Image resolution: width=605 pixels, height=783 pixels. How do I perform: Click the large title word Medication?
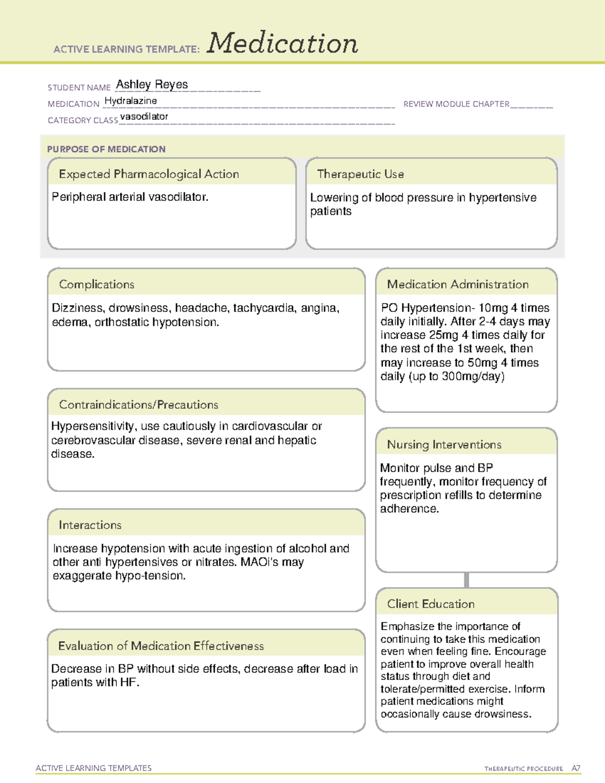click(282, 43)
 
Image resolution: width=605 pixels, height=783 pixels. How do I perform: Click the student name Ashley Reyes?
click(152, 85)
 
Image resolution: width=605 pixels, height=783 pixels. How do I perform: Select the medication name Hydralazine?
click(131, 101)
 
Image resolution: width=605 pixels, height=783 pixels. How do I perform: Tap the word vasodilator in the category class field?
click(144, 116)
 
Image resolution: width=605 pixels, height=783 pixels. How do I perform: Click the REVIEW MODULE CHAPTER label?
click(456, 104)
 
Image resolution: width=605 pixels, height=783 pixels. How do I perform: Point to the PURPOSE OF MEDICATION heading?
click(106, 149)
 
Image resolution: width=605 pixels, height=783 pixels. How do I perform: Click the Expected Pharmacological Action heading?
click(149, 174)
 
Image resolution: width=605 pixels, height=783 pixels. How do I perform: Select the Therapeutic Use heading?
click(360, 174)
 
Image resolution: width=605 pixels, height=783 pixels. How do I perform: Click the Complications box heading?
click(96, 284)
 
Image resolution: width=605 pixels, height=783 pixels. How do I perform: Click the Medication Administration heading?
click(457, 284)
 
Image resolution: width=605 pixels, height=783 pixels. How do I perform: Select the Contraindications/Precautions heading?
click(138, 404)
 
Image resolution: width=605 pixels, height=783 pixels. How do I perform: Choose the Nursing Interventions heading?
click(444, 444)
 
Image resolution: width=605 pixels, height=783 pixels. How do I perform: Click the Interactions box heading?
click(90, 525)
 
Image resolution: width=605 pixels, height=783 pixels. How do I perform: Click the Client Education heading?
click(431, 604)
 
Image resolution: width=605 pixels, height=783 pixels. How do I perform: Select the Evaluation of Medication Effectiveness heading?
click(160, 646)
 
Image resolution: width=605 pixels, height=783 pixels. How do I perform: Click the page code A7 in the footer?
click(576, 768)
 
